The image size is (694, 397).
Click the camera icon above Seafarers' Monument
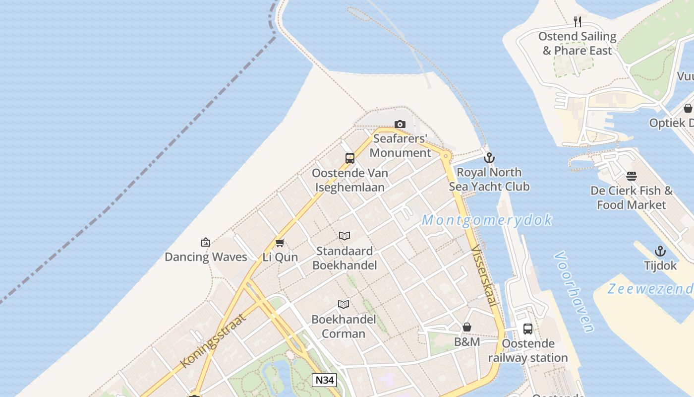pos(400,125)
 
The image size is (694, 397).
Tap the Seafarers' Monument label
pos(400,145)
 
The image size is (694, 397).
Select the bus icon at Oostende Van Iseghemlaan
pos(350,158)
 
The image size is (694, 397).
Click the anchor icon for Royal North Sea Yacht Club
pos(489,158)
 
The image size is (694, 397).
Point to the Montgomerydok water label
pos(487,220)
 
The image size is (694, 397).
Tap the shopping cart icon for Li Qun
pos(280,243)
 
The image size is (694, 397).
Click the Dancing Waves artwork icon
pos(206,242)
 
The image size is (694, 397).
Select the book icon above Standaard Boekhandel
pos(345,236)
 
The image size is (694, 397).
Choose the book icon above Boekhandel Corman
pos(344,304)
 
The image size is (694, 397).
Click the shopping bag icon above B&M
pos(467,327)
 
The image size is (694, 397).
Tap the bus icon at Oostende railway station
pos(528,329)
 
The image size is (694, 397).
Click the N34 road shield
pos(325,380)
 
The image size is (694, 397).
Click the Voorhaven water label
pos(574,292)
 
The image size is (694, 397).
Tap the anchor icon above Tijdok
pos(660,251)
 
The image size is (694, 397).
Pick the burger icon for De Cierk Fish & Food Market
pos(632,176)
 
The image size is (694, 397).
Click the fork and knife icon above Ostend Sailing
pos(578,22)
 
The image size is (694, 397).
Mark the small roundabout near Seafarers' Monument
pos(446,156)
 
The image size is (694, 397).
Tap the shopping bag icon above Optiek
pos(688,108)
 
